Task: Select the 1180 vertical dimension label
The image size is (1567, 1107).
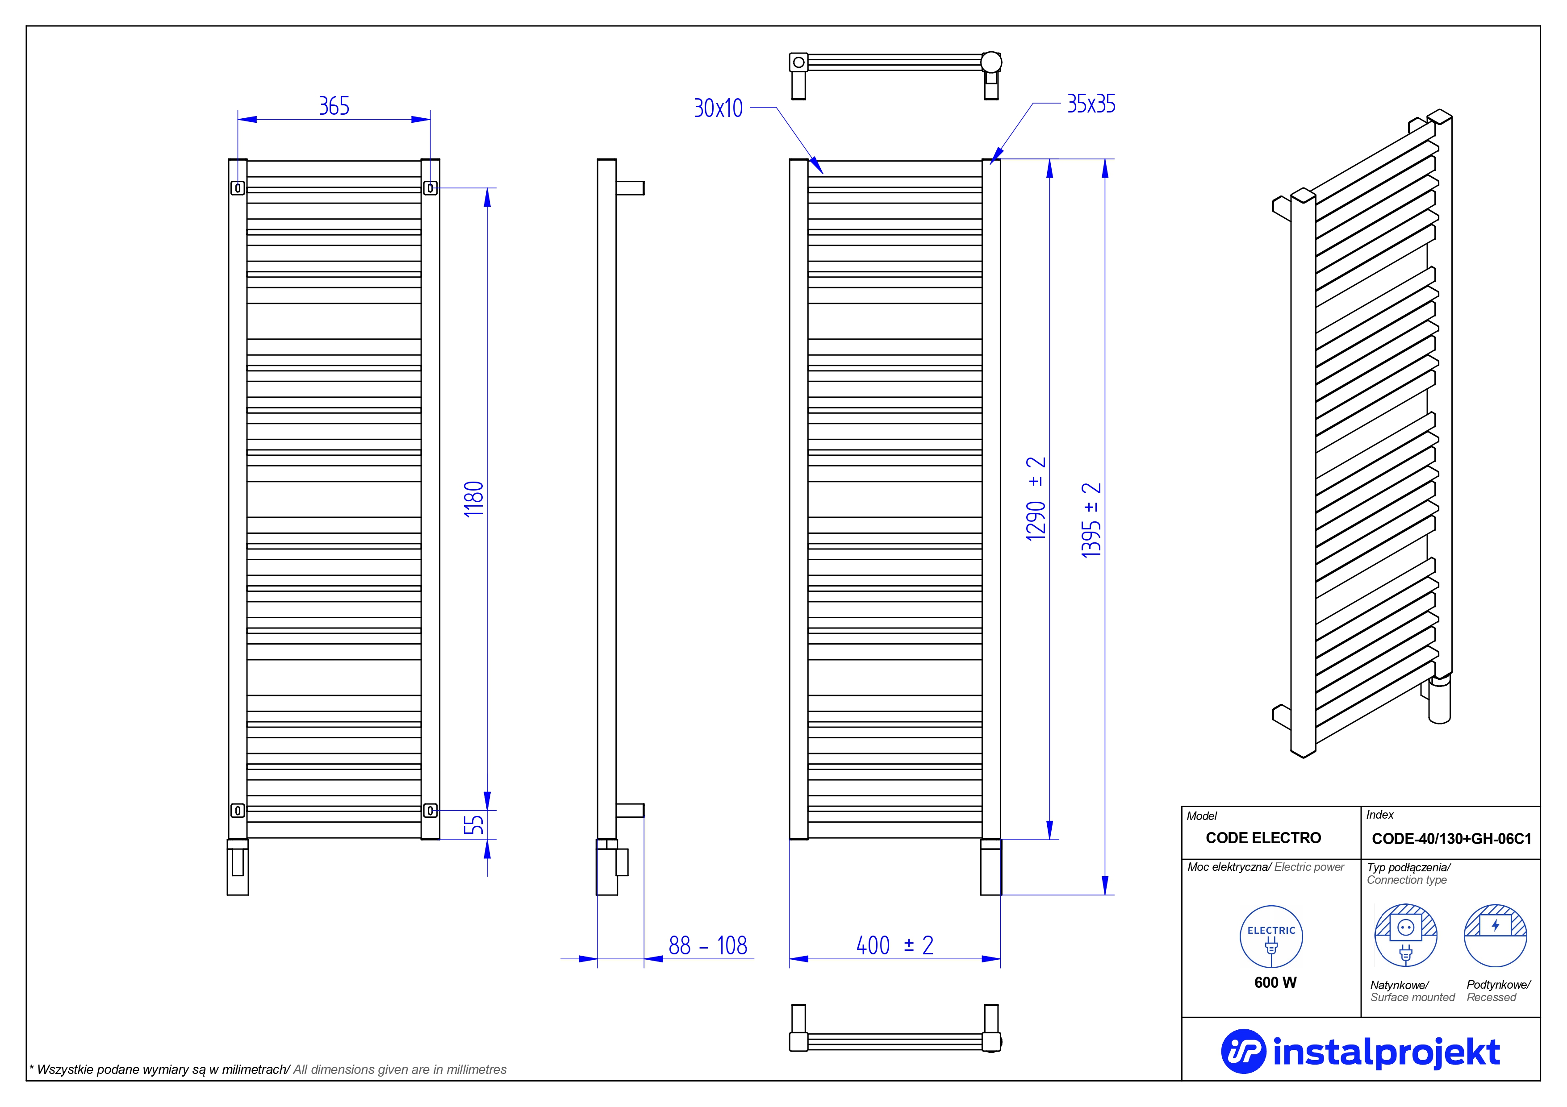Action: click(474, 499)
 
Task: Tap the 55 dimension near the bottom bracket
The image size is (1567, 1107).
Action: click(474, 824)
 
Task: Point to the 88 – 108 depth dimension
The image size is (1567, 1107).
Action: click(708, 945)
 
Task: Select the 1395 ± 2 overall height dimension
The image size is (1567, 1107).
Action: click(1091, 520)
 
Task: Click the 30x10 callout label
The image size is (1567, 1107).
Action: click(718, 108)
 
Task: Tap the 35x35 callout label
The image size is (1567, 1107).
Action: click(1091, 104)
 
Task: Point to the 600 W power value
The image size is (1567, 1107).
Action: click(1275, 982)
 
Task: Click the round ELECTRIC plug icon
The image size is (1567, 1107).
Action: click(1271, 936)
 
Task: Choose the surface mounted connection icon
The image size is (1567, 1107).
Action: click(1406, 936)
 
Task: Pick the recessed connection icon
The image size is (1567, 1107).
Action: click(1496, 936)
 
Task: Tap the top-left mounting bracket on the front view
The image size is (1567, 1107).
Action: click(238, 187)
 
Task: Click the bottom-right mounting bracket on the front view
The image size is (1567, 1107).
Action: click(430, 810)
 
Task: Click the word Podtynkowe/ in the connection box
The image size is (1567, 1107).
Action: click(1499, 985)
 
